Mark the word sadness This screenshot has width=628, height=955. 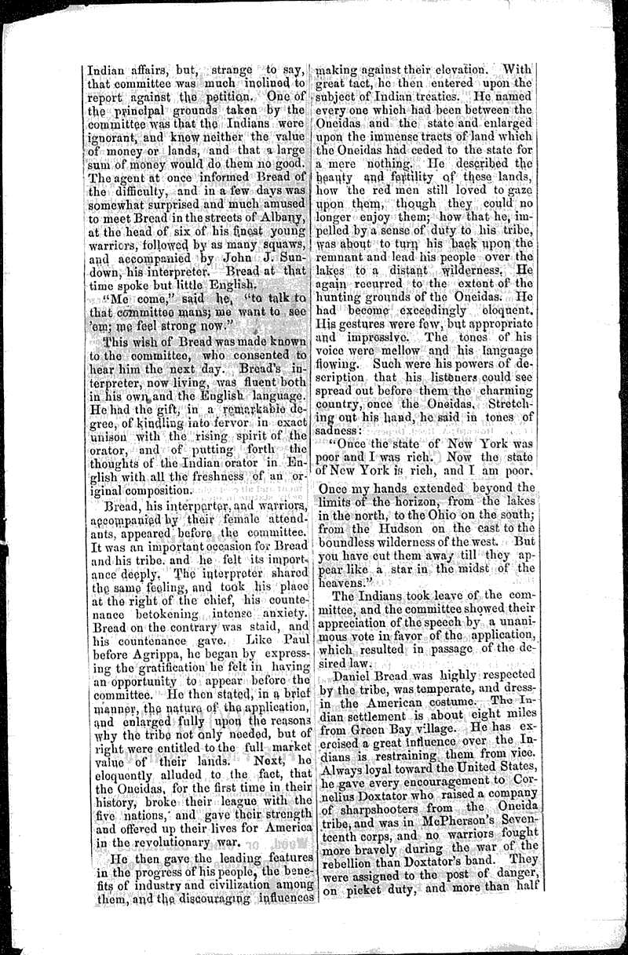point(338,429)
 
